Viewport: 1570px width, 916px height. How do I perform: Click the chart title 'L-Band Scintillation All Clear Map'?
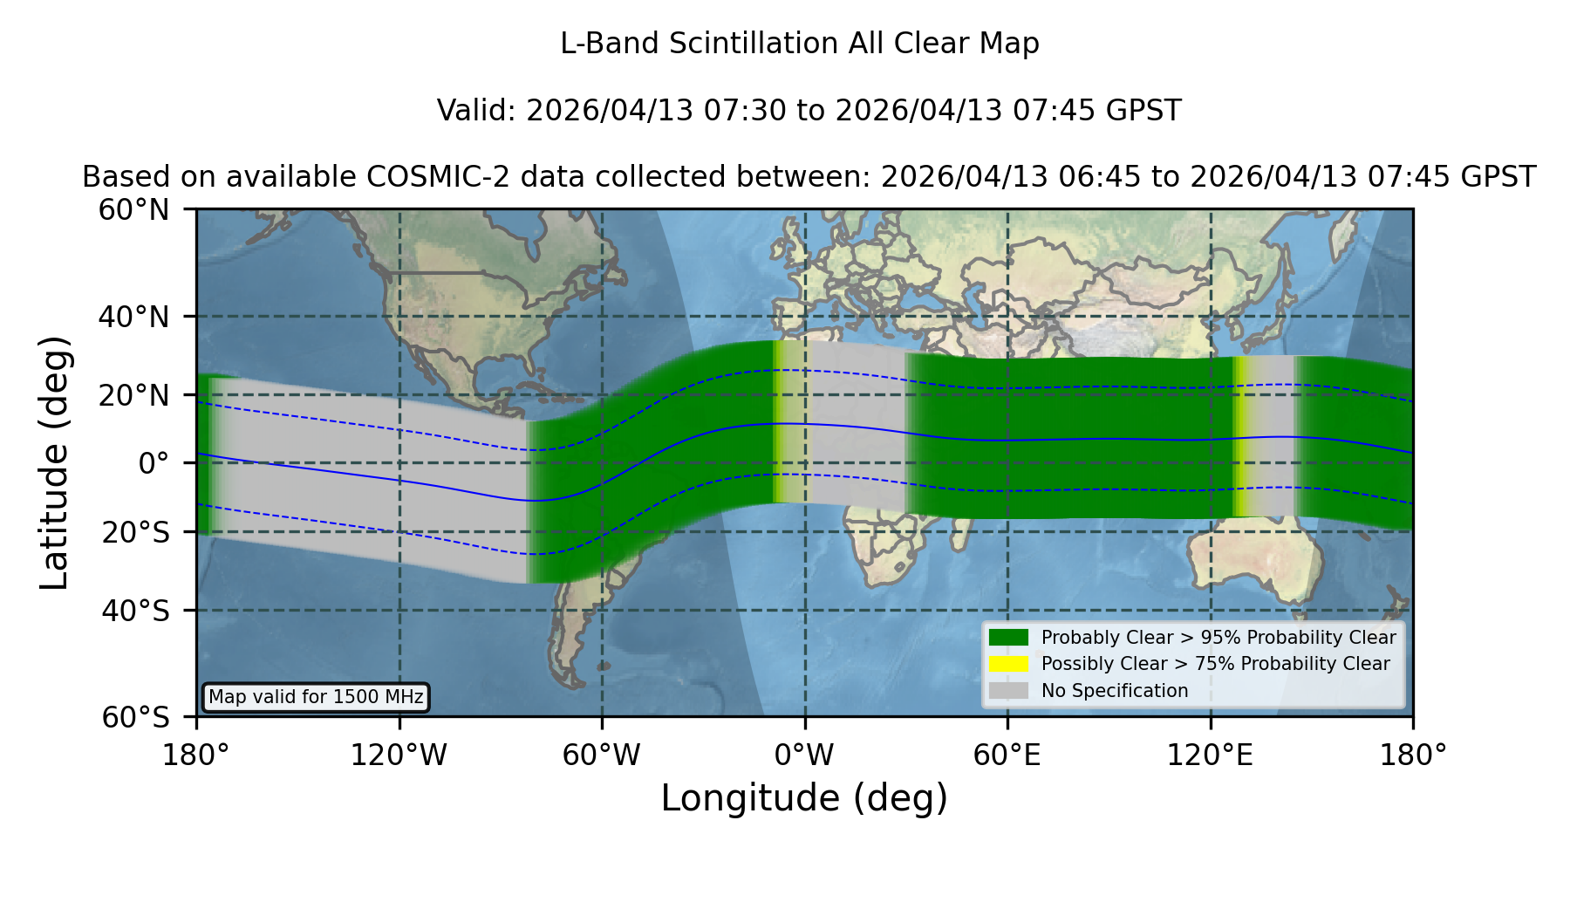pos(799,44)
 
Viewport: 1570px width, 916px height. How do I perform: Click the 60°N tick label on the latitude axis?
pos(134,210)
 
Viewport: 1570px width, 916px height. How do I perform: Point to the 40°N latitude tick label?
pos(134,317)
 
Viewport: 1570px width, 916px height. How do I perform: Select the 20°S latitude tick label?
pos(136,532)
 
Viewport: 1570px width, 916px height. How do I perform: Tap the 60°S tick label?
pos(136,717)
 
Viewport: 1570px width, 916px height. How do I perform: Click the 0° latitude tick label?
pos(154,463)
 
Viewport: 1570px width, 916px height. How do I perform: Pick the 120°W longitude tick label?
pos(399,755)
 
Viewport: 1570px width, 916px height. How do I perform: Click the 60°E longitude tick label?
pos(1007,755)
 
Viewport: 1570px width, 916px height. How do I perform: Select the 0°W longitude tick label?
pos(804,755)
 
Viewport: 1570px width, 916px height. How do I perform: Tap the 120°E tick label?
pos(1210,755)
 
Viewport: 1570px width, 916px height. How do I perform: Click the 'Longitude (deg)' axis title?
pos(804,798)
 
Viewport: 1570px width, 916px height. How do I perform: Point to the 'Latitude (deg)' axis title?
pos(54,462)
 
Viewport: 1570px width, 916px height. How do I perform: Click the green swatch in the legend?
pos(1009,637)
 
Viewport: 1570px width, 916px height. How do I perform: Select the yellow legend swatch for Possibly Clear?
pos(1009,664)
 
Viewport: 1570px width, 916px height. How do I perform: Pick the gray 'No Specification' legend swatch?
pos(1009,690)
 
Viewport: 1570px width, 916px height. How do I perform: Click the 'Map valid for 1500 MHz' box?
pos(316,697)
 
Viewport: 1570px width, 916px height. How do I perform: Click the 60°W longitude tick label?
pos(602,755)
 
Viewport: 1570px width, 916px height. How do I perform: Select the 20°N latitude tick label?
pos(134,395)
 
